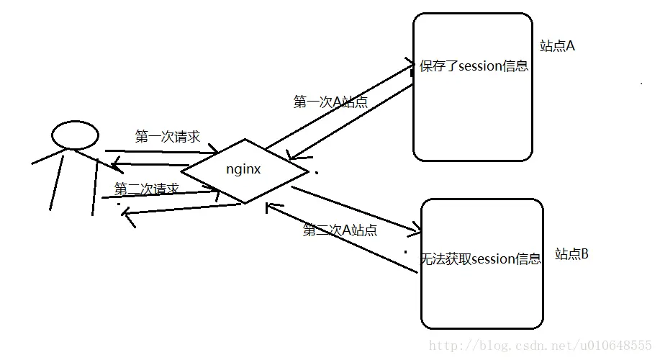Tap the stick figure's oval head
[x=75, y=135]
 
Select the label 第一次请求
[x=167, y=137]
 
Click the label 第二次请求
[x=147, y=189]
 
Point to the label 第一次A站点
[x=330, y=102]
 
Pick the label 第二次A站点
[x=340, y=230]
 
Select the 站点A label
[x=557, y=46]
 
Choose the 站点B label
[x=571, y=254]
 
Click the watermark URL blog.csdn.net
[x=539, y=346]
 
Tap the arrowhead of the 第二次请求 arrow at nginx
[x=215, y=191]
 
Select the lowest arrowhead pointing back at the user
[x=125, y=214]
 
